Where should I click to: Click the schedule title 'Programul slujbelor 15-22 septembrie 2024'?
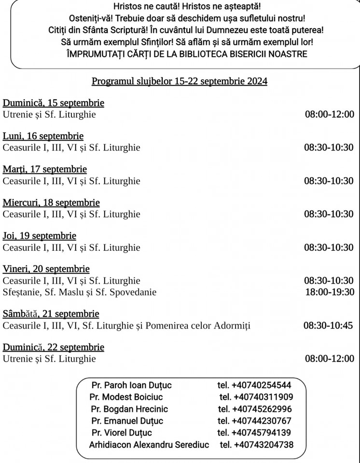[x=180, y=81]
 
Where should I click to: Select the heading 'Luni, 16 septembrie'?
[x=43, y=136]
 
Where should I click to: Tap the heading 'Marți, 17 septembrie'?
[x=45, y=169]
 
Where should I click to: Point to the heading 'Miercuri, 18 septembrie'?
[x=51, y=203]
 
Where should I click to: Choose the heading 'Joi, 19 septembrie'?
[x=40, y=236]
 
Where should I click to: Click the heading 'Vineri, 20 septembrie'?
[x=46, y=269]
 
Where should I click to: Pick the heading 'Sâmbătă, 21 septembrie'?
[x=51, y=314]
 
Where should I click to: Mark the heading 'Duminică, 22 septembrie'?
[x=54, y=347]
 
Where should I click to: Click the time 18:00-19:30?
[x=330, y=292]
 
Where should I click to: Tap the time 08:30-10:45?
[x=328, y=326]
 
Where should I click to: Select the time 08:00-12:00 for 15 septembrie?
[x=329, y=114]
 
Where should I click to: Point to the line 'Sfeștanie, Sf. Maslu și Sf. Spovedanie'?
[x=80, y=292]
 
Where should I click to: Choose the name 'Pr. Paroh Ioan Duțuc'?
[x=131, y=385]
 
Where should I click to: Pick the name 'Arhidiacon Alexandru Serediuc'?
[x=149, y=445]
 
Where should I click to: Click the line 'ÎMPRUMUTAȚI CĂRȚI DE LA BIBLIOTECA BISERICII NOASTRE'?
[x=187, y=54]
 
